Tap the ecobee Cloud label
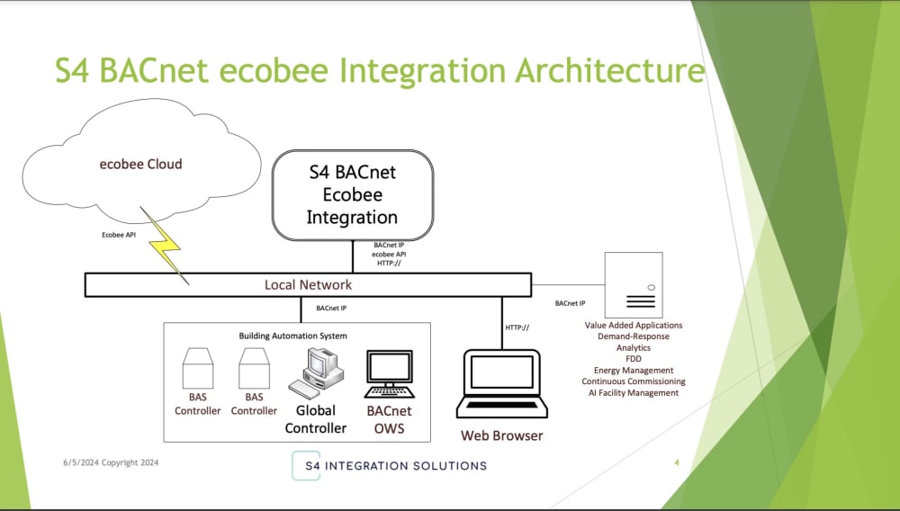tap(140, 165)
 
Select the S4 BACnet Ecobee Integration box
tap(352, 194)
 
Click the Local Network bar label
tap(308, 285)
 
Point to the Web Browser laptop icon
tap(501, 384)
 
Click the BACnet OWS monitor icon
tap(390, 374)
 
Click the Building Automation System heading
tap(292, 336)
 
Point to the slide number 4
tap(677, 463)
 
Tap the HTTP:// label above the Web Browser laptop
tap(517, 327)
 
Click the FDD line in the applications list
tap(633, 359)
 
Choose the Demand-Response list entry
tap(633, 336)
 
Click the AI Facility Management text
tap(633, 393)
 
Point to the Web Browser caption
tap(501, 436)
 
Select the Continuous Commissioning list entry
tap(633, 381)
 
